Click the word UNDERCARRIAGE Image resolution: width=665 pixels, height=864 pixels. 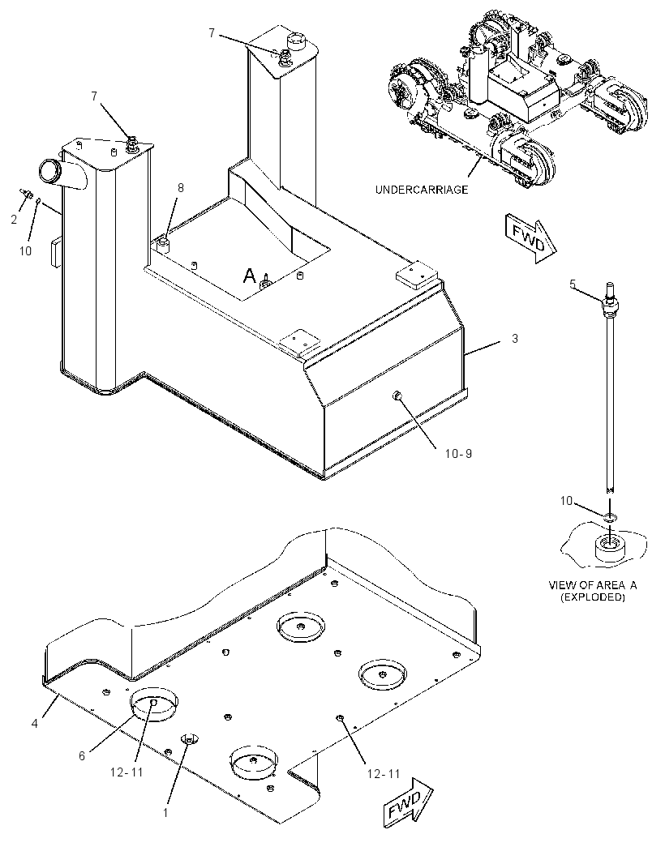click(422, 190)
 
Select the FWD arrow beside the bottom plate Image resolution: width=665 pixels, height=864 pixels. click(408, 802)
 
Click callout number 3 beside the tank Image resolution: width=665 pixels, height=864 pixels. click(514, 338)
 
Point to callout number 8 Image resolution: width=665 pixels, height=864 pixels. click(180, 188)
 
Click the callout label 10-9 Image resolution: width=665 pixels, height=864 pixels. click(458, 454)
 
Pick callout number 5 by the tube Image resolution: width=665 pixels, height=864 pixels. click(573, 284)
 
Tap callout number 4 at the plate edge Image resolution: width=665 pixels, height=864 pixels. click(35, 724)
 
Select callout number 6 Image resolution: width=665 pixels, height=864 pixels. click(82, 755)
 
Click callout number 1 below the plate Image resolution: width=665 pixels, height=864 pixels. click(165, 811)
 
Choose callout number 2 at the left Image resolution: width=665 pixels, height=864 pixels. click(14, 220)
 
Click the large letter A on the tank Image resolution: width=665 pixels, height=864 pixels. click(250, 275)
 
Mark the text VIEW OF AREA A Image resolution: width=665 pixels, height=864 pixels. click(593, 585)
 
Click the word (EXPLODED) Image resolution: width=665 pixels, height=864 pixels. click(593, 597)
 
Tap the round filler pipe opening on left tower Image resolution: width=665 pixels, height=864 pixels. click(49, 169)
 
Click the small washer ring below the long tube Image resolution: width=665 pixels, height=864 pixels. click(611, 517)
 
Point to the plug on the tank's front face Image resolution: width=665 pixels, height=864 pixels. click(396, 395)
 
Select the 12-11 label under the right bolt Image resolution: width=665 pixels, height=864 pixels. click(384, 774)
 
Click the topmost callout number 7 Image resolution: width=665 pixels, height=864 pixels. click(211, 33)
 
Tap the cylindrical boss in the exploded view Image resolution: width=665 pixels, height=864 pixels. click(609, 549)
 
